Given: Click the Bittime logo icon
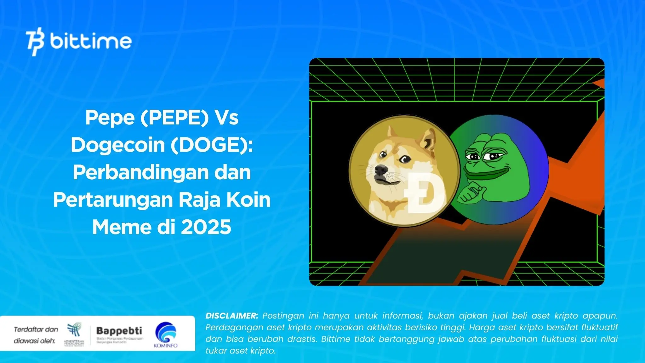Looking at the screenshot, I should pos(35,42).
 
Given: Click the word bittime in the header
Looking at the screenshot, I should pos(91,41).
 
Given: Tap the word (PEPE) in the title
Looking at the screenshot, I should pos(174,118).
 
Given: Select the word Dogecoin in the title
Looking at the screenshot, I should pos(118,145).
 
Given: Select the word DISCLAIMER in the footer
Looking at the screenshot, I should pos(231,316).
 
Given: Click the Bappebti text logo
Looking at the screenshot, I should pos(119,331).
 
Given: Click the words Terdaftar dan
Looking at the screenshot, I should pos(36,330).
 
